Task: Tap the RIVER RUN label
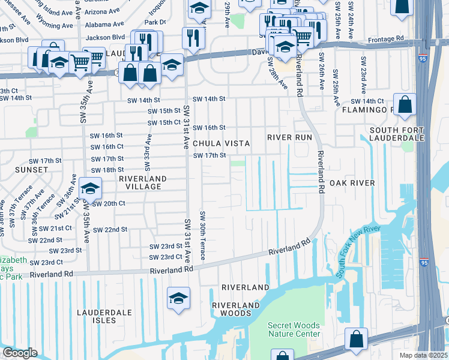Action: (290, 137)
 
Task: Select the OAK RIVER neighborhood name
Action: (352, 183)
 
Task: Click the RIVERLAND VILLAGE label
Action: (140, 182)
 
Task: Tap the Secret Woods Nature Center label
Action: (294, 329)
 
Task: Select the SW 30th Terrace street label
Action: (203, 236)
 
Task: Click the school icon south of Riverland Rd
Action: (179, 298)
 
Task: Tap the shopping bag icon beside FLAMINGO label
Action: (405, 104)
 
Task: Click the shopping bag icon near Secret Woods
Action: (356, 339)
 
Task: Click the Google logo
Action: (20, 353)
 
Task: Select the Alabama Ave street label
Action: (105, 25)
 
